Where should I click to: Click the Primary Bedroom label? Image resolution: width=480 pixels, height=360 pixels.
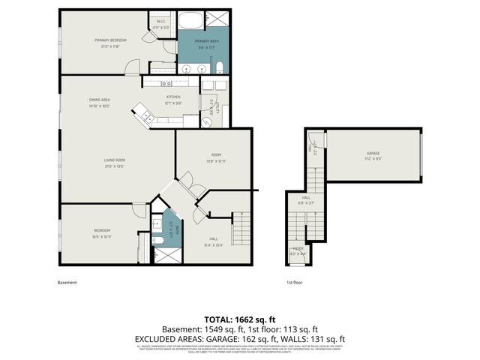tap(109, 40)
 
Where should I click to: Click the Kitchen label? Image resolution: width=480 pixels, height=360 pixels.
tap(173, 97)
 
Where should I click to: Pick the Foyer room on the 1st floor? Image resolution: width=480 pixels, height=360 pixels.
tap(298, 252)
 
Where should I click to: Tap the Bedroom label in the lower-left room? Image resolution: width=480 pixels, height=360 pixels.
tap(102, 230)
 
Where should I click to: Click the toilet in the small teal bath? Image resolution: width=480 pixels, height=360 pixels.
tap(159, 239)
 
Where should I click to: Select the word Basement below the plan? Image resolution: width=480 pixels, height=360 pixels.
tap(67, 283)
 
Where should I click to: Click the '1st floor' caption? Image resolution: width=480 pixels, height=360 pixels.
tap(294, 283)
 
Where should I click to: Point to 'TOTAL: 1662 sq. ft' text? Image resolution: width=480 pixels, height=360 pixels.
tap(240, 319)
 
